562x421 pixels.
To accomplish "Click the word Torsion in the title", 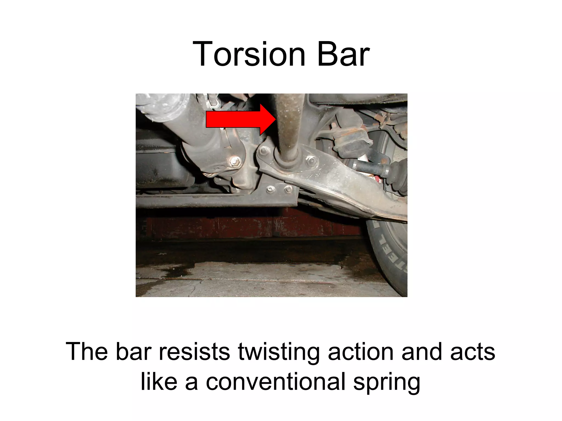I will click(249, 54).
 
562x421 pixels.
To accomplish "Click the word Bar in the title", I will click(343, 54).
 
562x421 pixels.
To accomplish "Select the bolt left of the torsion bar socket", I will click(265, 151).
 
